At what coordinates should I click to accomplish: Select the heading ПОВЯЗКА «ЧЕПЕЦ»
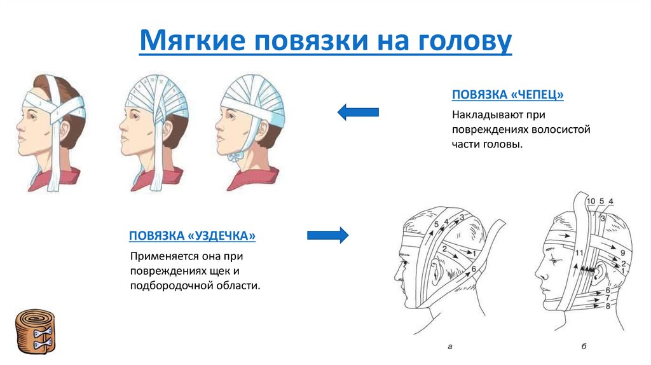point(508,95)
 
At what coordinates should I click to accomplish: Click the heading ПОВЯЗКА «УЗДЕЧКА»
point(192,236)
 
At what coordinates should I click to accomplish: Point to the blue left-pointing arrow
point(358,113)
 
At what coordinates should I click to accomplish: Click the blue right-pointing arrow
point(328,235)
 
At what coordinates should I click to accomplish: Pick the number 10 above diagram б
point(590,202)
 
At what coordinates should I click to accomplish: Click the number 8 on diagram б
point(608,306)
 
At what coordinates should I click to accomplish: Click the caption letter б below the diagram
point(583,347)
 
